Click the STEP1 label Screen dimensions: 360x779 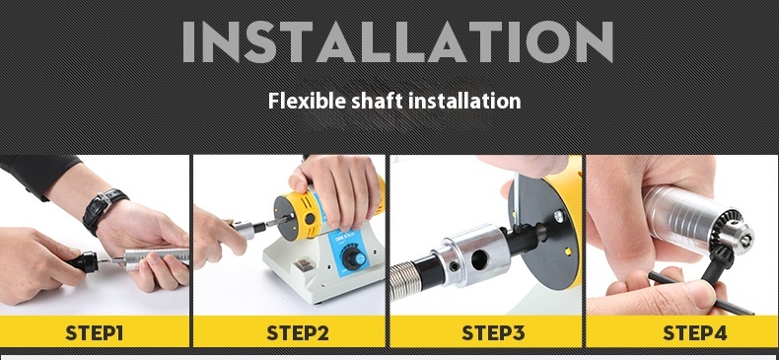click(x=94, y=332)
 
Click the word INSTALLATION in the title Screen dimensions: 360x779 click(x=397, y=40)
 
